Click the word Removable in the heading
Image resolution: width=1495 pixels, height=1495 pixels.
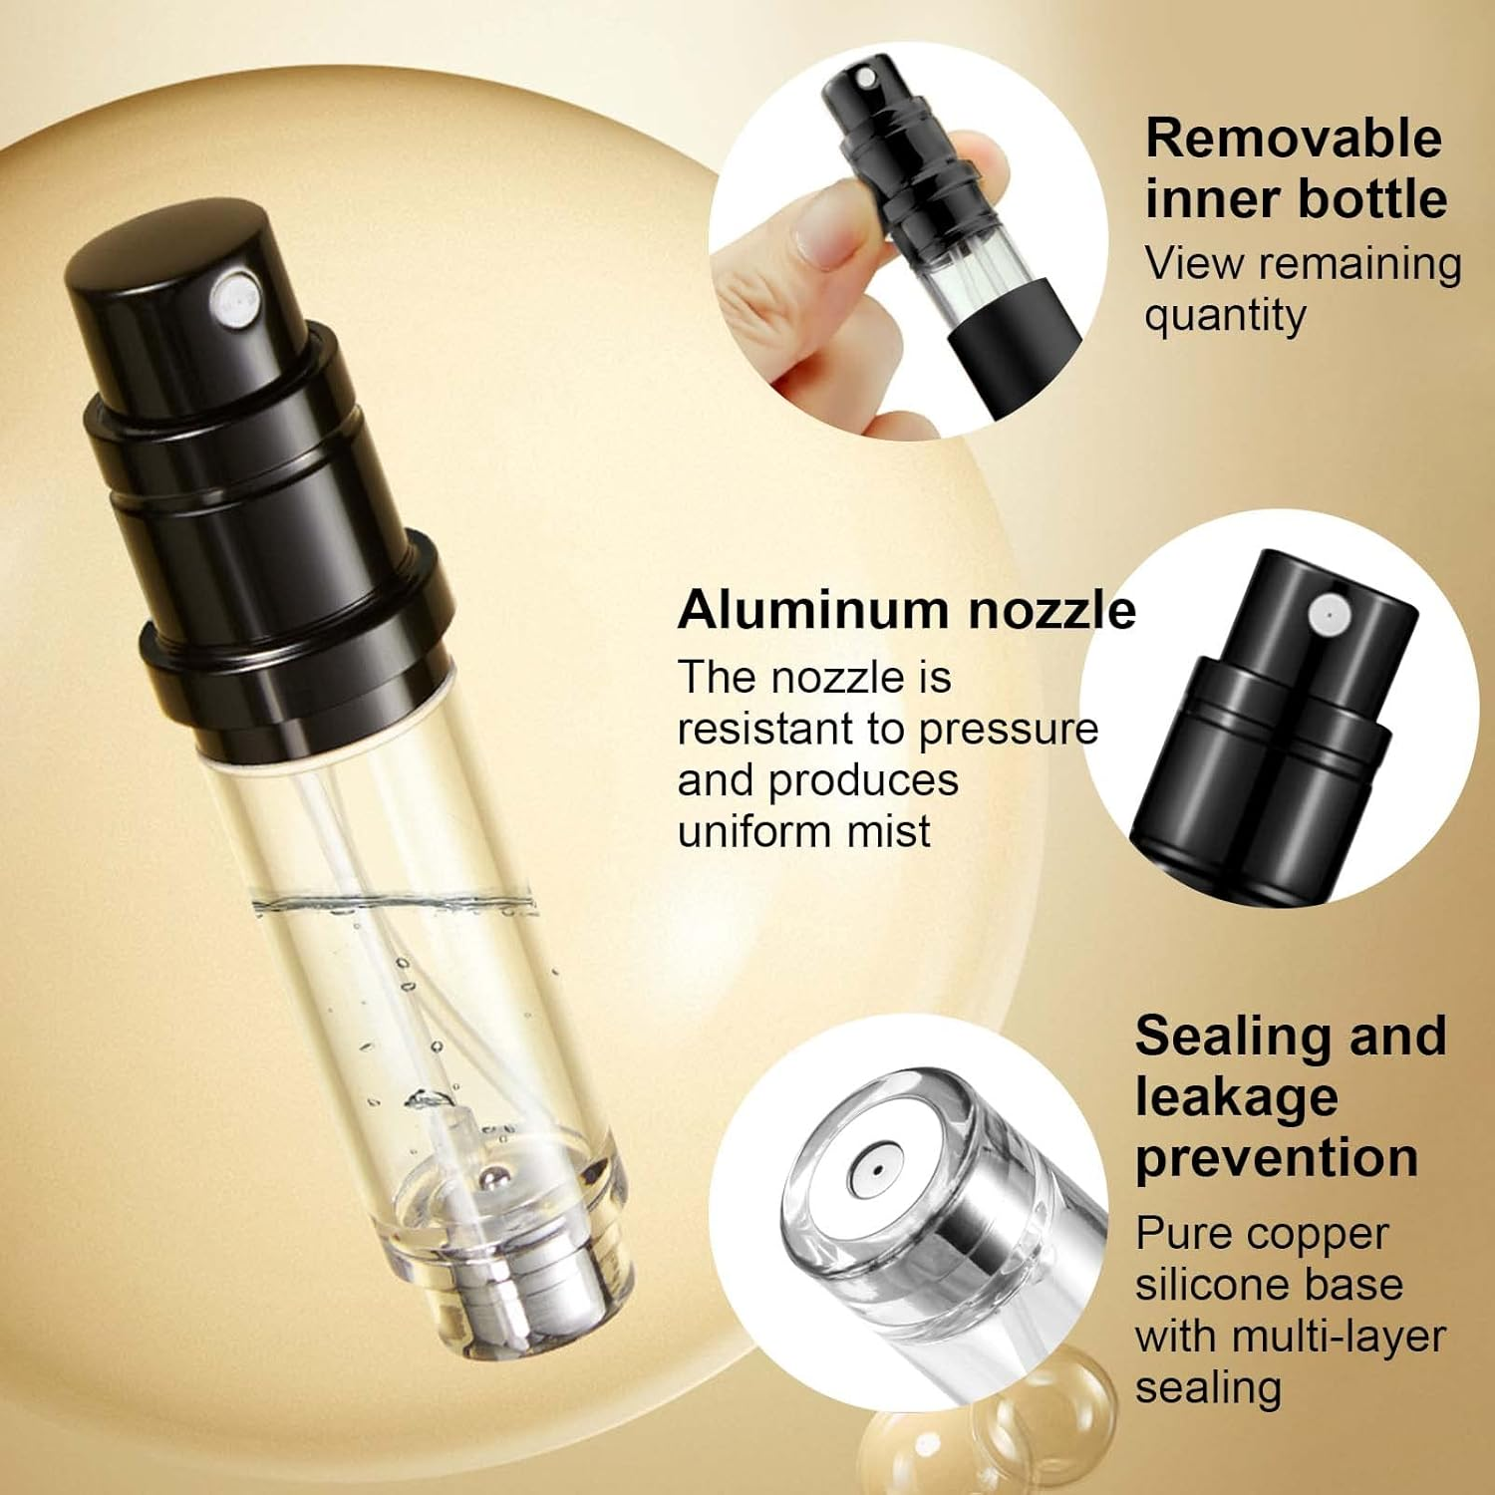(1293, 138)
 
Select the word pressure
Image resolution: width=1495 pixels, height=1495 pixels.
(1008, 730)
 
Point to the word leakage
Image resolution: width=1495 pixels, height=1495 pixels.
(1236, 1096)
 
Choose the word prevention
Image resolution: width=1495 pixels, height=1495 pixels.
(1277, 1158)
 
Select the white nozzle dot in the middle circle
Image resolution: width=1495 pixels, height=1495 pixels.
(1330, 614)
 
